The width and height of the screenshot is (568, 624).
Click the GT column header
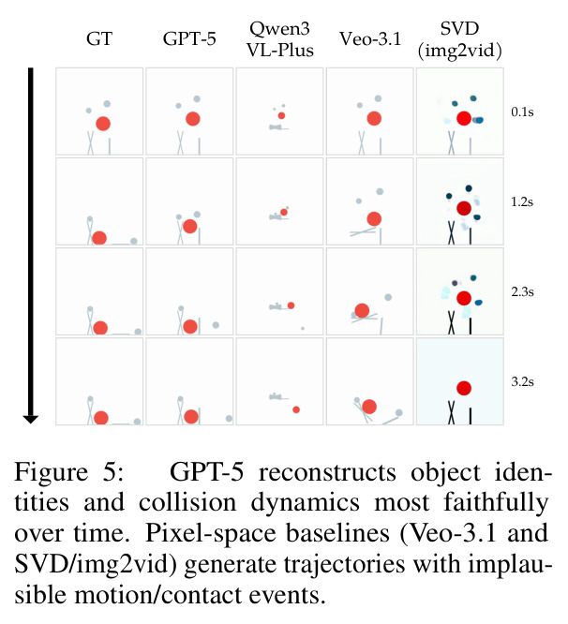click(99, 39)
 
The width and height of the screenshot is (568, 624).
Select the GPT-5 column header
click(189, 39)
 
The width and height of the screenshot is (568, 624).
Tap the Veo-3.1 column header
click(370, 39)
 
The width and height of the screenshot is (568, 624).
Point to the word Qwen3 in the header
click(280, 29)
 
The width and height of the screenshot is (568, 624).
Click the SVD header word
click(459, 29)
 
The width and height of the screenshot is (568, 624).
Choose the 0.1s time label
click(522, 111)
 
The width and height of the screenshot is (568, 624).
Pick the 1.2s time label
click(522, 201)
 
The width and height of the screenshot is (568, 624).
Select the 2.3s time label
click(522, 291)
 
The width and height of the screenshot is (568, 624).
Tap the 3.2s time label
click(522, 381)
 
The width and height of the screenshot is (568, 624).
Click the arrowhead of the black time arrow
click(31, 419)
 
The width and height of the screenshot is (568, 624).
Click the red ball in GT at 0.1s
click(103, 124)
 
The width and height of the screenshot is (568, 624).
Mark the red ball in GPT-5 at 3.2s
click(191, 417)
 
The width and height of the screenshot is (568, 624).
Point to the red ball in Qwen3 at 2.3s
click(291, 305)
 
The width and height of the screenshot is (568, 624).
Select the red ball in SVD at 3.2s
click(464, 388)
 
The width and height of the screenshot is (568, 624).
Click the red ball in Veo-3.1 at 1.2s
click(374, 218)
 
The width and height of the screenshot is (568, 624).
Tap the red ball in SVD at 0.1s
click(464, 118)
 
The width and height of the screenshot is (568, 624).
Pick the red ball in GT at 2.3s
click(100, 328)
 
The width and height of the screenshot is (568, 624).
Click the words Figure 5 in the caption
click(68, 473)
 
